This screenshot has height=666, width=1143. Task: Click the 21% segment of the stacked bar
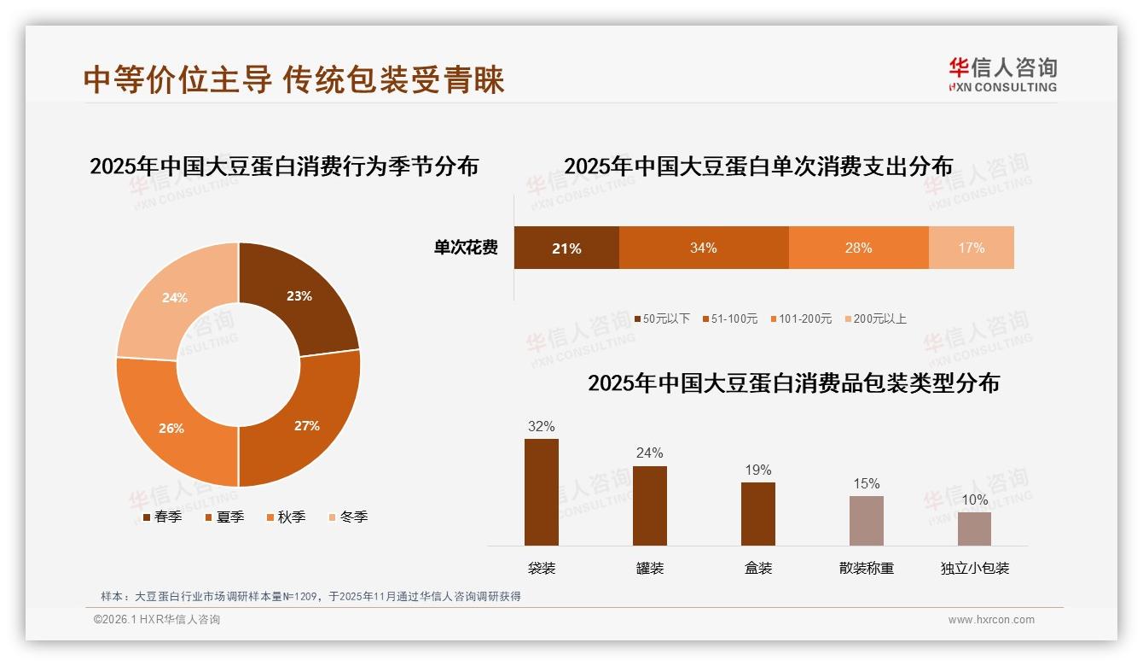click(566, 248)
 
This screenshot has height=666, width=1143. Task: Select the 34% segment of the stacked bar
click(704, 248)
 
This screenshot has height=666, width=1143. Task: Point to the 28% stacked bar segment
click(858, 248)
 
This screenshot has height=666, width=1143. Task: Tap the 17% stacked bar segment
click(971, 248)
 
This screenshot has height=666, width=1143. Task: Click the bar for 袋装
click(542, 492)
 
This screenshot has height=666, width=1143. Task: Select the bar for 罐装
click(650, 505)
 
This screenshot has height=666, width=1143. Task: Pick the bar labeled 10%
click(974, 529)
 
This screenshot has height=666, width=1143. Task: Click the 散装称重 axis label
click(867, 569)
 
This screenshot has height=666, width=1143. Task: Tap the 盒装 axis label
click(758, 569)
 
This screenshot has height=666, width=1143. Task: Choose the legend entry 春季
click(162, 517)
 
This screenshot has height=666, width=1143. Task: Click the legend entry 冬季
click(348, 517)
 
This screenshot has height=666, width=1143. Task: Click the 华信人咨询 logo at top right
click(1002, 74)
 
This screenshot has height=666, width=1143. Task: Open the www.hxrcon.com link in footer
click(991, 620)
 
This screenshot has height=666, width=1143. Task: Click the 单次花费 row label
click(466, 248)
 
